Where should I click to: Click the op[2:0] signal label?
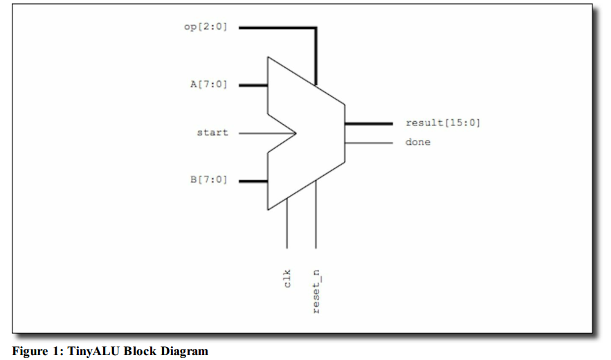[x=205, y=28]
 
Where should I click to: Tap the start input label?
[x=212, y=132]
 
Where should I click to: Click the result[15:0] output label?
[x=443, y=123]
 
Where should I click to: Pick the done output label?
[x=417, y=143]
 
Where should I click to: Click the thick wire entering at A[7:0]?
[x=253, y=85]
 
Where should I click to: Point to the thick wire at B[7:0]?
[x=253, y=181]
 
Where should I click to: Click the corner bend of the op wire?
[x=316, y=28]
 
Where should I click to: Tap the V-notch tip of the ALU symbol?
[x=295, y=132]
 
